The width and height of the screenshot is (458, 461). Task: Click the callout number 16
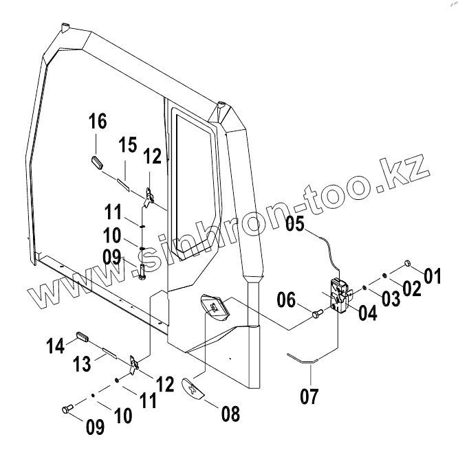pos(98,122)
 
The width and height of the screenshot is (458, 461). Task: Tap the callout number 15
pos(127,146)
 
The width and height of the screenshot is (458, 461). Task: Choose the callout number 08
pos(230,414)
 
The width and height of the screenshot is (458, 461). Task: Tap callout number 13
pos(82,364)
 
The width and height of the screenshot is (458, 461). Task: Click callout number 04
pos(368,313)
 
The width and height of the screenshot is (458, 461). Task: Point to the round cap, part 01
pos(406,263)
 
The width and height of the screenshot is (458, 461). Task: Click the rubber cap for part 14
pos(83,336)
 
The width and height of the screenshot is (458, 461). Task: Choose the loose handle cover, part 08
pos(193,387)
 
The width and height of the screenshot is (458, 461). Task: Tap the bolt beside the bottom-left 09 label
pos(67,409)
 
